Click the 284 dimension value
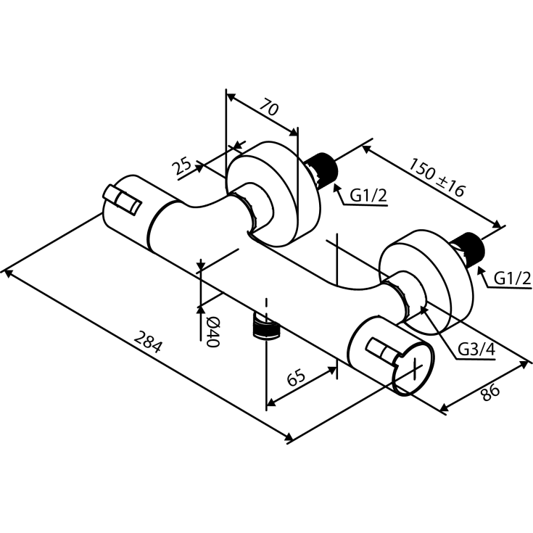(148, 342)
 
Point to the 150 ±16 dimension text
(436, 178)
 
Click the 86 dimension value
(490, 392)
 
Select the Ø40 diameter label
(211, 331)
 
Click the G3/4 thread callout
(477, 350)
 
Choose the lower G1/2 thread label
(513, 278)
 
